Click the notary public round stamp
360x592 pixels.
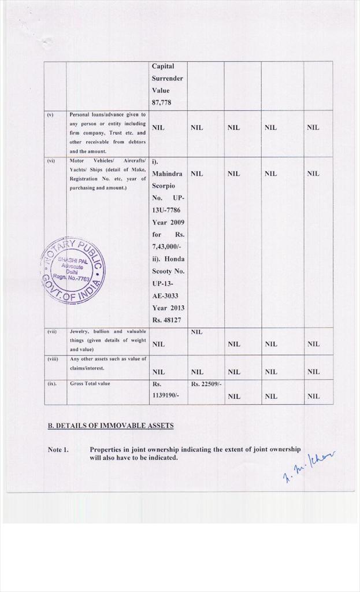coord(73,271)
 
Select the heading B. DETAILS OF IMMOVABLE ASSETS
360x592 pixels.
coord(110,426)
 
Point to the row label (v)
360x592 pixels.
coord(50,114)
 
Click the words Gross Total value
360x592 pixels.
coord(89,383)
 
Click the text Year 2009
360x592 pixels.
coord(167,222)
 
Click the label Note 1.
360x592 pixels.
coord(58,450)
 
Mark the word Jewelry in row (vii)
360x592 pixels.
coord(79,331)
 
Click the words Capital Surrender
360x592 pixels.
coord(167,72)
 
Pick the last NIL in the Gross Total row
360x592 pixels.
coord(313,396)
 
